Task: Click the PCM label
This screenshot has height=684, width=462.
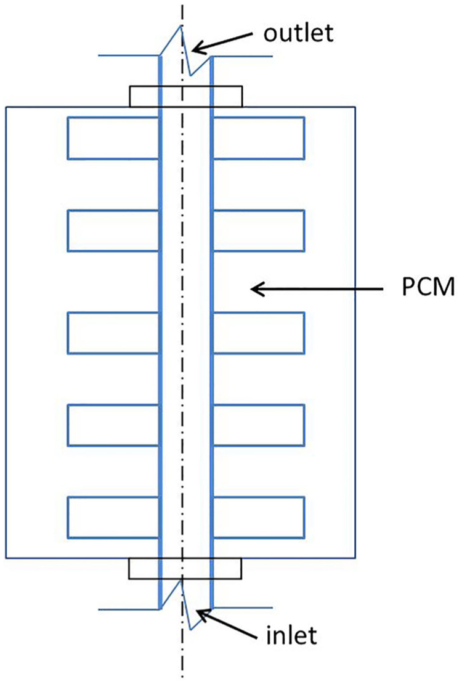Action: click(428, 288)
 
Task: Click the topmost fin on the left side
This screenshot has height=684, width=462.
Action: click(113, 138)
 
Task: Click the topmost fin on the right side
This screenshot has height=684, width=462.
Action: click(258, 138)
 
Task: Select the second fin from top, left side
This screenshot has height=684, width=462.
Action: click(113, 230)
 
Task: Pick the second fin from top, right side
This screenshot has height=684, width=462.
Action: click(258, 230)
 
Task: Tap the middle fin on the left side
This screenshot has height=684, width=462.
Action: click(113, 333)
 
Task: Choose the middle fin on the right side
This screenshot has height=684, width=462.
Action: click(258, 333)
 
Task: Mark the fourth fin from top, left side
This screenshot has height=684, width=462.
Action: click(113, 425)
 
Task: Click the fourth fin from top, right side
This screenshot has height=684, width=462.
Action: click(258, 425)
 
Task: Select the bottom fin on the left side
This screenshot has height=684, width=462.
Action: click(113, 518)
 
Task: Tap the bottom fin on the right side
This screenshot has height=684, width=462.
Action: click(258, 518)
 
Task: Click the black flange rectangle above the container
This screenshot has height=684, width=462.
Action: click(186, 86)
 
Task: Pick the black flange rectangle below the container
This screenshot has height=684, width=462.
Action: click(185, 579)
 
